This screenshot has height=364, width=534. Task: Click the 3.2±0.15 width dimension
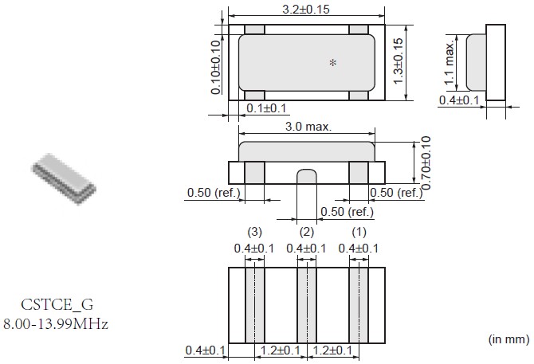(306, 10)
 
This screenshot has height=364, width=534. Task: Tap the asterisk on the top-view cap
(333, 63)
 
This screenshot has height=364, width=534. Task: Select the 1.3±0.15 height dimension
(398, 61)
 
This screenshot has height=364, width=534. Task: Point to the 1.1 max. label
(450, 63)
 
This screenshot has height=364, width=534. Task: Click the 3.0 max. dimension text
(308, 127)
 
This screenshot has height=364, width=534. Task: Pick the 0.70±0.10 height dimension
(426, 162)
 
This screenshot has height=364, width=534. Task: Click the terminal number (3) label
(254, 232)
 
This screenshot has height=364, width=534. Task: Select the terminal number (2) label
(307, 232)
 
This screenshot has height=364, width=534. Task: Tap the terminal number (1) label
(359, 232)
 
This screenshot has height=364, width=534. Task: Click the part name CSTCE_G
(57, 304)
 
